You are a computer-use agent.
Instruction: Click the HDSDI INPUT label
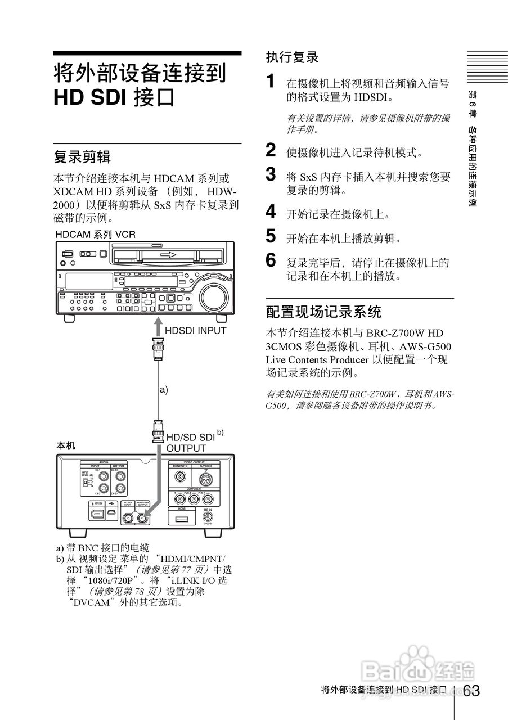195,331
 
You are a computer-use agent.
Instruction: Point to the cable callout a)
164,389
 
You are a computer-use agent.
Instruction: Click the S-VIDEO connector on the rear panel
206,478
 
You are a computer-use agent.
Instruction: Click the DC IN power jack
208,516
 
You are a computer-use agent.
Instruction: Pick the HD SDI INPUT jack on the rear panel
128,519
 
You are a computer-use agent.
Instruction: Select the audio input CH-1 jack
104,475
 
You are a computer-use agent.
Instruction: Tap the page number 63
472,690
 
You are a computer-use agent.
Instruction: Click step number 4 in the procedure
271,212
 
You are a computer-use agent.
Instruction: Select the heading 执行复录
292,57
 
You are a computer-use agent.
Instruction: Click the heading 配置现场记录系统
323,311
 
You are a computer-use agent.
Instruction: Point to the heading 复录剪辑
82,156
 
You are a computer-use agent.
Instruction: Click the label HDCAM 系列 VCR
95,234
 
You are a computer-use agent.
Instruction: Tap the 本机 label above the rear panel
65,445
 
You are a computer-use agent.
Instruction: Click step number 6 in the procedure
271,260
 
